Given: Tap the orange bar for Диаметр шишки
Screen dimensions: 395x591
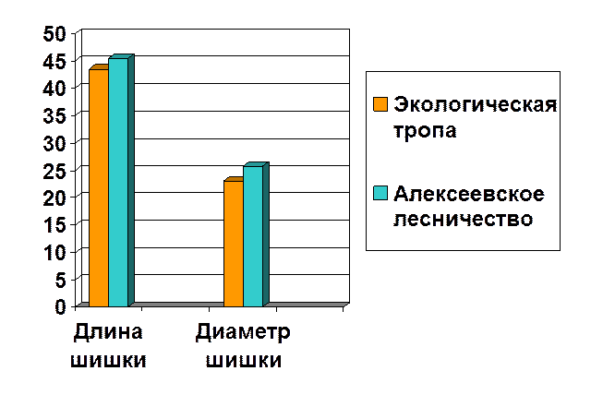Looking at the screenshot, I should click(x=234, y=244).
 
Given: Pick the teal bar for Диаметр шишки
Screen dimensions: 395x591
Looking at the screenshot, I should click(x=253, y=236).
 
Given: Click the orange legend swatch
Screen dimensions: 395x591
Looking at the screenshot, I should click(x=380, y=104).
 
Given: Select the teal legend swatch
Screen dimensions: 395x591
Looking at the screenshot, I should click(x=380, y=193).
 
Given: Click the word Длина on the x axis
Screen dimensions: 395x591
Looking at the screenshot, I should click(x=109, y=331).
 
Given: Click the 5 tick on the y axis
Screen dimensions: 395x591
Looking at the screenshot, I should click(x=61, y=278).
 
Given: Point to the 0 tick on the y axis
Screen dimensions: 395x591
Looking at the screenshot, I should click(x=61, y=305).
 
